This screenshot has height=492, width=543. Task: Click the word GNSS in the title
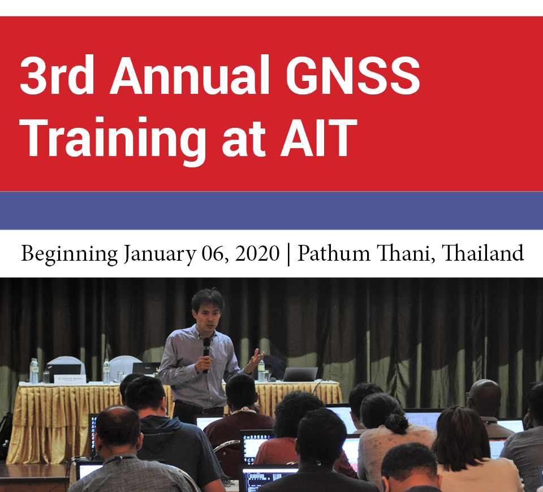pyautogui.click(x=353, y=75)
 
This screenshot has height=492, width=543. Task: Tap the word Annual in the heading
pyautogui.click(x=189, y=75)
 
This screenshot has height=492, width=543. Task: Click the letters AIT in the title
pyautogui.click(x=318, y=138)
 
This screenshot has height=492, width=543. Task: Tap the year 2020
pyautogui.click(x=257, y=253)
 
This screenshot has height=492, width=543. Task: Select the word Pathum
pyautogui.click(x=334, y=253)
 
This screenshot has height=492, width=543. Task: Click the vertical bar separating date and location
pyautogui.click(x=289, y=254)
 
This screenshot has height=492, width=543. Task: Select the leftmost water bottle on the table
pyautogui.click(x=34, y=371)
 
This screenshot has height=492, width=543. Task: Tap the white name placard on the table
pyautogui.click(x=70, y=379)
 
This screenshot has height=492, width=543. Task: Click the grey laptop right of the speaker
pyautogui.click(x=300, y=374)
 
